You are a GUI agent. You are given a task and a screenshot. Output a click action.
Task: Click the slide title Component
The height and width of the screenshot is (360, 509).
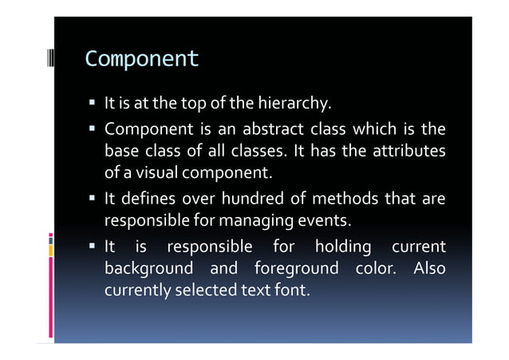pos(141,59)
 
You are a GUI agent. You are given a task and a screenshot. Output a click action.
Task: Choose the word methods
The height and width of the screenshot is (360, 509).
pos(345,198)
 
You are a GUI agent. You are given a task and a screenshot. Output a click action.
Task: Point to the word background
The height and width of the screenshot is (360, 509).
pos(148,267)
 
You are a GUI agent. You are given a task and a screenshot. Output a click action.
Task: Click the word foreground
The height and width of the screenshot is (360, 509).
pos(296,267)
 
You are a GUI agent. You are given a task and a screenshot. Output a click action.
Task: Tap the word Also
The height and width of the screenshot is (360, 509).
pos(428,267)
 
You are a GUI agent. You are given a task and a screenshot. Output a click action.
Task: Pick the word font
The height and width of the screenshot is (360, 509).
pos(290,289)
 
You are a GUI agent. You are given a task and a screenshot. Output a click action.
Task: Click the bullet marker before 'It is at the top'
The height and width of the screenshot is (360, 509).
pos(94,104)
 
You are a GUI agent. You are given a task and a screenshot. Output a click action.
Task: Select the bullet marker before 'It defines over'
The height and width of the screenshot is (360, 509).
pos(94,199)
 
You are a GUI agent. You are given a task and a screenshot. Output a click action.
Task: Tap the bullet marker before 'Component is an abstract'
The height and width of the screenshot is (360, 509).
pos(94,129)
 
